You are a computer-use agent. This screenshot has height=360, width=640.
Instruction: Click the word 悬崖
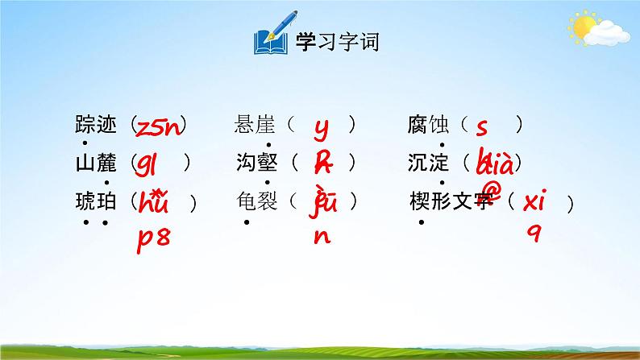click(x=256, y=125)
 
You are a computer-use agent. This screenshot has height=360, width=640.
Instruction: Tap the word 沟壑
click(x=256, y=163)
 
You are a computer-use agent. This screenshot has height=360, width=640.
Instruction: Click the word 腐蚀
click(x=428, y=125)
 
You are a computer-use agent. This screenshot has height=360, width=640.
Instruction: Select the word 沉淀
click(x=428, y=163)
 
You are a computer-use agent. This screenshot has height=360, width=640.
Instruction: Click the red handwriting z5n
click(x=160, y=126)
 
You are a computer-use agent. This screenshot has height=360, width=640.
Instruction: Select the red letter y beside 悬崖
click(x=321, y=126)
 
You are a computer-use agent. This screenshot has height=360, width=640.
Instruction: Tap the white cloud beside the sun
click(x=608, y=32)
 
